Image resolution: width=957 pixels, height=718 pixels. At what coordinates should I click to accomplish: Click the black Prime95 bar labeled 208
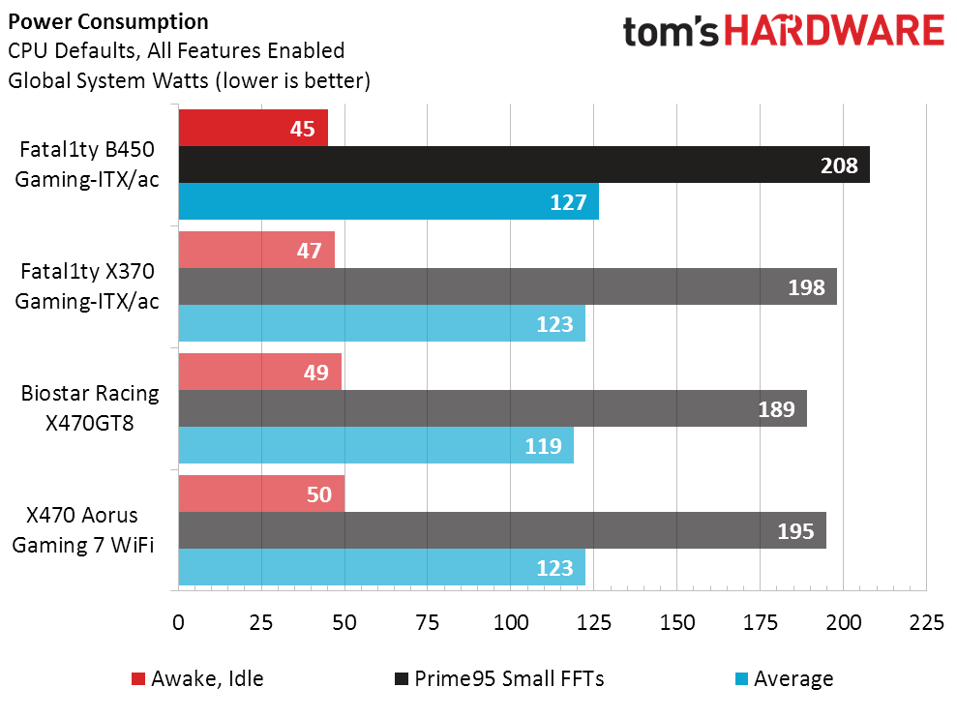coord(524,165)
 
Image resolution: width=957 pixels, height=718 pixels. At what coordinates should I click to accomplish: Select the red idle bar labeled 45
coord(254,128)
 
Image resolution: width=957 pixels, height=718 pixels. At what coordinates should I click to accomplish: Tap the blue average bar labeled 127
coord(389,201)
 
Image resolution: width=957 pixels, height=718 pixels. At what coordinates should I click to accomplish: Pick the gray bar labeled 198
coord(508,286)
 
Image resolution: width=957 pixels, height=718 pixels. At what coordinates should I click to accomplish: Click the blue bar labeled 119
coord(376,445)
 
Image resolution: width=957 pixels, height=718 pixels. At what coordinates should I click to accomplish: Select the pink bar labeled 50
coord(262,494)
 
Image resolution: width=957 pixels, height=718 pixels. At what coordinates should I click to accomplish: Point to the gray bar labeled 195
coord(502,530)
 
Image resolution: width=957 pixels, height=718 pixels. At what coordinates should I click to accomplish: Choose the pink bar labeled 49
coord(260,372)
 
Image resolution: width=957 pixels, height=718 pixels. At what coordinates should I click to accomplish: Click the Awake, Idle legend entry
coord(197,679)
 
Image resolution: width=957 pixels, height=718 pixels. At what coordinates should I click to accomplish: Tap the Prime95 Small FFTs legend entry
coord(499,679)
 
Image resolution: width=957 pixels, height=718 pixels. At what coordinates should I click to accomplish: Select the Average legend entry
coord(785,679)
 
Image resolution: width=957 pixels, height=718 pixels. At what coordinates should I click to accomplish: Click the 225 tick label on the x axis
coord(926,622)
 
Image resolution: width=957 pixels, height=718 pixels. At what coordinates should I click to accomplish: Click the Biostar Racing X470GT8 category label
coord(90,407)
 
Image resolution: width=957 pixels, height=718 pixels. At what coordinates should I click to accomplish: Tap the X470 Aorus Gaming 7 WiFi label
coord(83,530)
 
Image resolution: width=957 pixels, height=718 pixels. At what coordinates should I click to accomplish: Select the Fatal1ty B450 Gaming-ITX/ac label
coord(87,165)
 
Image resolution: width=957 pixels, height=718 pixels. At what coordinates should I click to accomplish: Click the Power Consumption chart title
coord(108,22)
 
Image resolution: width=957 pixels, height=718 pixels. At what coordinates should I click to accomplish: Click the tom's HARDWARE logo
coord(784,31)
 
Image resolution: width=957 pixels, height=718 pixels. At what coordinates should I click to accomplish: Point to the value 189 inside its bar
coord(776,409)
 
